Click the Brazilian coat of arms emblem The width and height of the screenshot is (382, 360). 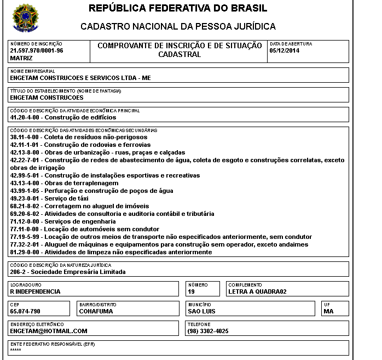click(24, 18)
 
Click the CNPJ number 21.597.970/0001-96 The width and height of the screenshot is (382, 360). click(37, 50)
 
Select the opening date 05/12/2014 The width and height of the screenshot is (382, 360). click(285, 50)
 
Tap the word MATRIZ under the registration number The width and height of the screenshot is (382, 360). click(21, 58)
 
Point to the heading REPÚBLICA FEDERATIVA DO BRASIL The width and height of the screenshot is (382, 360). click(178, 8)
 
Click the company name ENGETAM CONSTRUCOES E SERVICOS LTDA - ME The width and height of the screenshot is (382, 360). click(80, 78)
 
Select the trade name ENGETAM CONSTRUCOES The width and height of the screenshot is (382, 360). click(47, 98)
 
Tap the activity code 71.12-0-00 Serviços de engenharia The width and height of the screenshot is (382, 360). click(63, 221)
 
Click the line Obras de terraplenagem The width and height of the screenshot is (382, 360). click(64, 183)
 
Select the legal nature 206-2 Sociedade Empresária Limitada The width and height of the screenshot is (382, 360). click(68, 272)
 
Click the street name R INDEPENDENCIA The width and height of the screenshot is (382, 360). click(36, 292)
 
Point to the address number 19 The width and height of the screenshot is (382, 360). click(192, 292)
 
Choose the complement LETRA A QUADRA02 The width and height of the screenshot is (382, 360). click(257, 292)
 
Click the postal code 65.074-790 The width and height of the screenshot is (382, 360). click(25, 311)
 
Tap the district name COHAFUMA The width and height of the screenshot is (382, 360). click(96, 311)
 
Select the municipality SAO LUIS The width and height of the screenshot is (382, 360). click(201, 311)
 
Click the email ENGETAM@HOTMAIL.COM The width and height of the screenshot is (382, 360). click(49, 331)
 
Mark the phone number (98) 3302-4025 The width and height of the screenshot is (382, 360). click(208, 331)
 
